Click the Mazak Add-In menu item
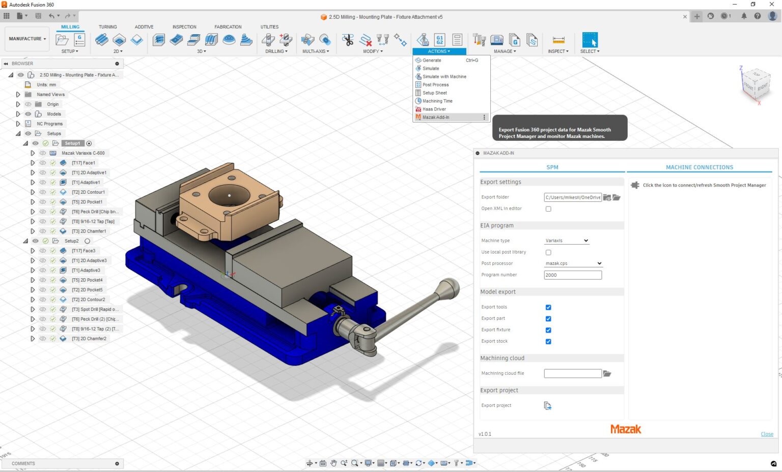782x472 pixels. pyautogui.click(x=436, y=117)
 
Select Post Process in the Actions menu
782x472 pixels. pyautogui.click(x=435, y=85)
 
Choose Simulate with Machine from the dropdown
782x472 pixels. pyautogui.click(x=444, y=77)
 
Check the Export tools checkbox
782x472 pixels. pyautogui.click(x=548, y=307)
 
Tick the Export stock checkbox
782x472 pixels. pyautogui.click(x=548, y=342)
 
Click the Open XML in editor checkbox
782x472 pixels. pyautogui.click(x=548, y=209)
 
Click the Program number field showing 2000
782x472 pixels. pyautogui.click(x=572, y=275)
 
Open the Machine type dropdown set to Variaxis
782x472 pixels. pyautogui.click(x=566, y=241)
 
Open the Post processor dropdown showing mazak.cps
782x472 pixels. pyautogui.click(x=573, y=263)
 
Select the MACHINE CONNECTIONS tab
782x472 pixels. pyautogui.click(x=699, y=167)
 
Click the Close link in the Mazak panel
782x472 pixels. pyautogui.click(x=767, y=434)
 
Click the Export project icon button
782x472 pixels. pyautogui.click(x=547, y=406)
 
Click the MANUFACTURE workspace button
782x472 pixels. pyautogui.click(x=27, y=39)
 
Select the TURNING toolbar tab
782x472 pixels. pyautogui.click(x=107, y=27)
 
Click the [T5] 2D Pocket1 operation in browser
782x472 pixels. pyautogui.click(x=87, y=202)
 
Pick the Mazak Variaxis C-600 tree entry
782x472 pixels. pyautogui.click(x=83, y=153)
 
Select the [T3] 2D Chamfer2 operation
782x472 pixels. pyautogui.click(x=89, y=339)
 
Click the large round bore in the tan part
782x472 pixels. pyautogui.click(x=229, y=195)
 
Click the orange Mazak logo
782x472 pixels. pyautogui.click(x=626, y=429)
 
